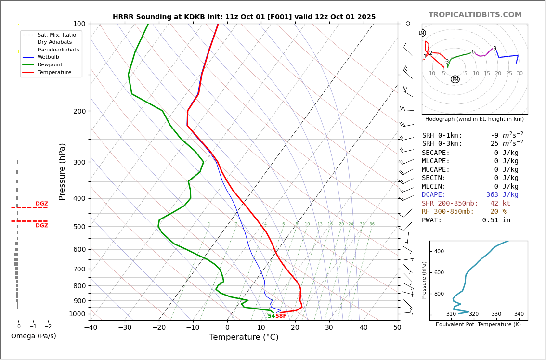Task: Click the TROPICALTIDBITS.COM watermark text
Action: pos(475,15)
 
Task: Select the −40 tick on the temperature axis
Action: pos(91,328)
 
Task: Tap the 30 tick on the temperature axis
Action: pos(329,328)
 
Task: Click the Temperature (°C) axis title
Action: pos(244,337)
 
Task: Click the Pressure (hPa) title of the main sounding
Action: pos(62,171)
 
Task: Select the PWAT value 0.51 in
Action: pos(496,220)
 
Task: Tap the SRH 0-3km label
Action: pos(442,144)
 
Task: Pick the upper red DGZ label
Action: pos(41,204)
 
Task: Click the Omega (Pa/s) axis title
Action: pos(33,336)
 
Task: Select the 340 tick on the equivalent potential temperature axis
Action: pos(519,314)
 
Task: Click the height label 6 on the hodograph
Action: pos(473,52)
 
